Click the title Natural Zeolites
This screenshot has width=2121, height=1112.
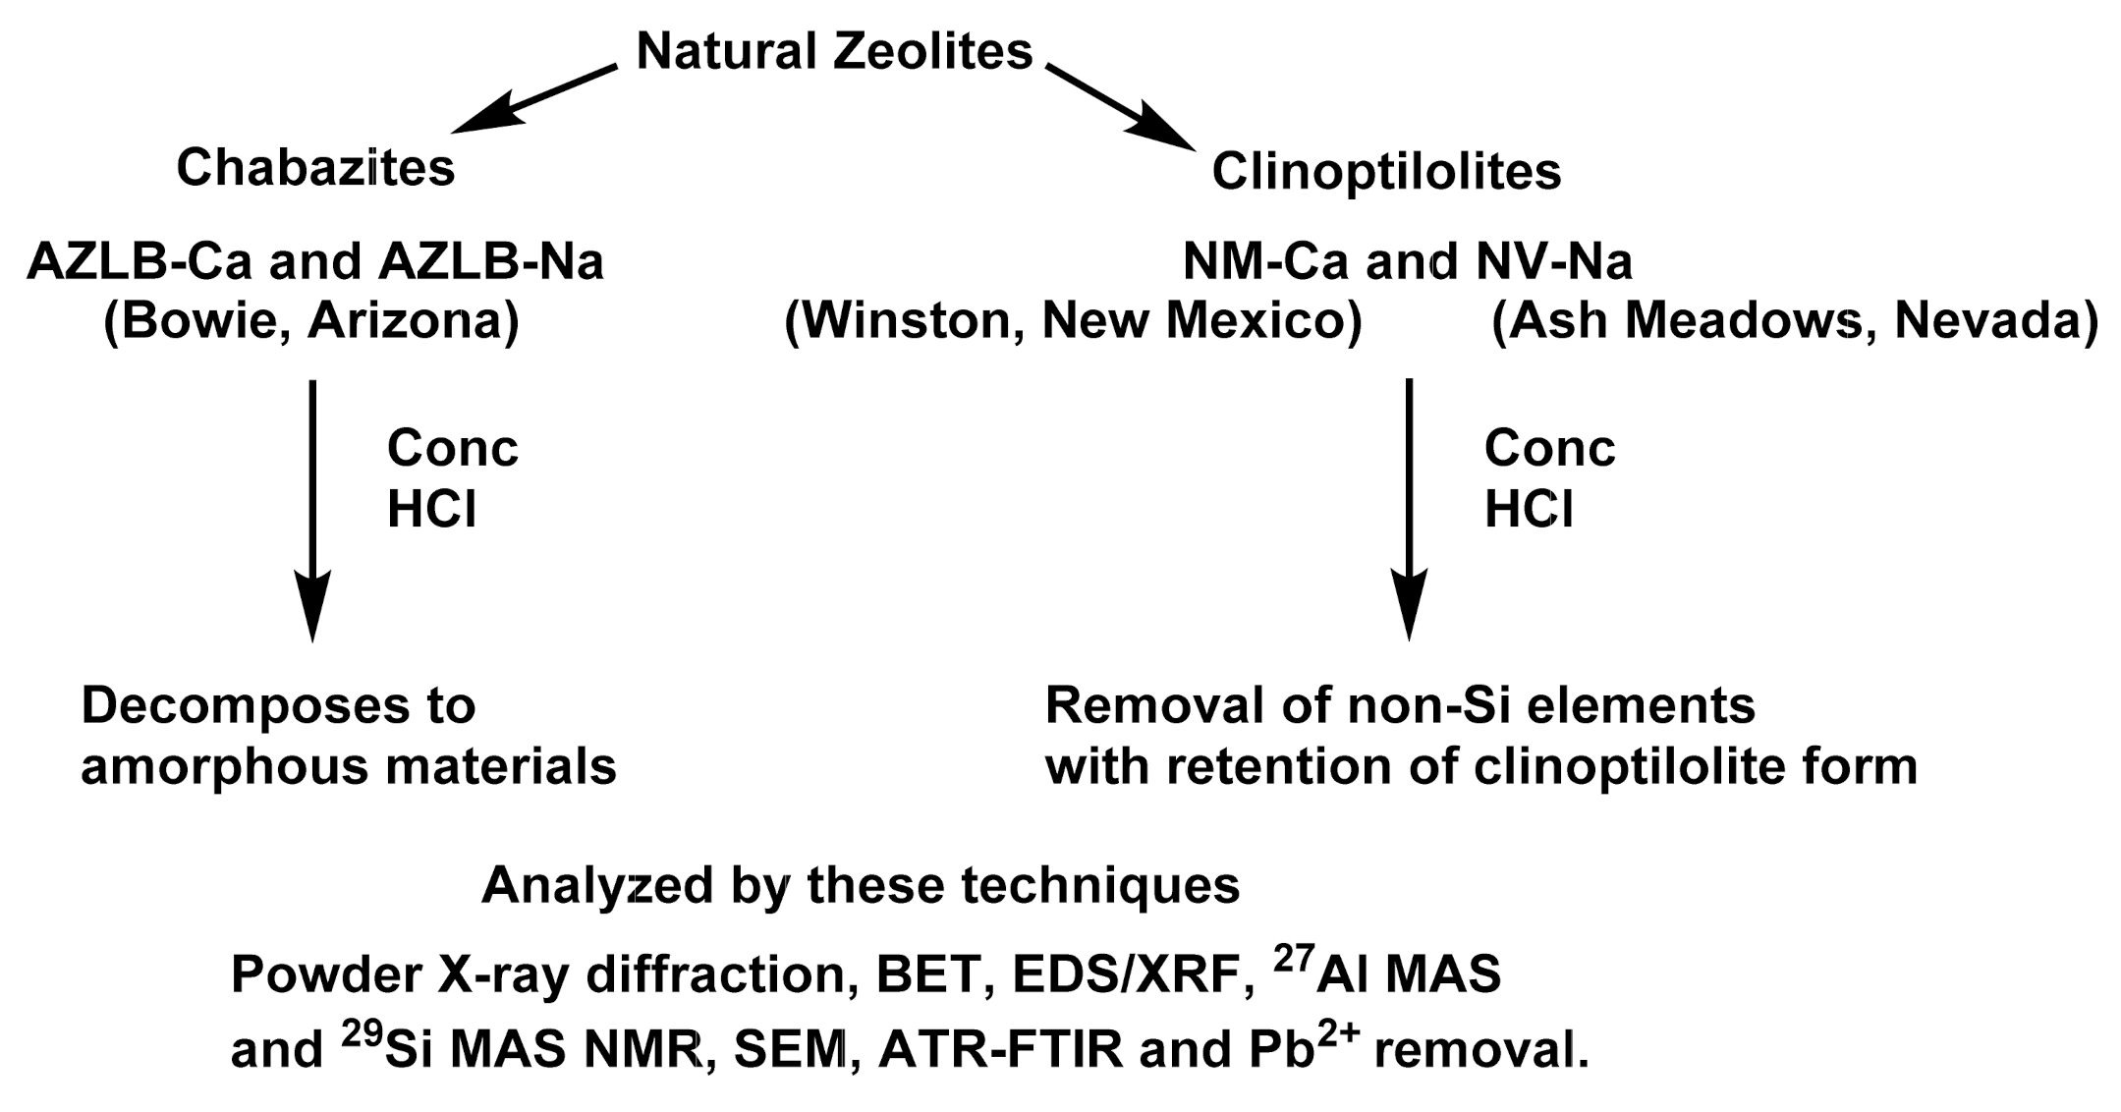tap(834, 51)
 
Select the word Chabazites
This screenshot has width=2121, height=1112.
tap(315, 168)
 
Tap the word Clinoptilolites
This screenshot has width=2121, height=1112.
tap(1386, 172)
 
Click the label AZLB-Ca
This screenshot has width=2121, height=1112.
tap(140, 262)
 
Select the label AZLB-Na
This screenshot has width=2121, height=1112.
tap(475, 262)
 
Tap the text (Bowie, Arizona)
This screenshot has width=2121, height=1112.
tap(311, 321)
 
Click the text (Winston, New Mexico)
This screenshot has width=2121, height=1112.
tap(1073, 321)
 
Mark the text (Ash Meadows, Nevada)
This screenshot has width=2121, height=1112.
tap(1794, 321)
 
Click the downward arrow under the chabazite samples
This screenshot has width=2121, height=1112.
tap(312, 511)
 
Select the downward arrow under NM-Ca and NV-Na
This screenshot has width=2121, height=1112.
tap(1409, 511)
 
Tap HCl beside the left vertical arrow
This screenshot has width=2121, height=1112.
tap(431, 510)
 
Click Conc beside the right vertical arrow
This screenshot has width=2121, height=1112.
tap(1549, 449)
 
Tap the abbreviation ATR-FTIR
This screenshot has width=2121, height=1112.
tap(1000, 1050)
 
